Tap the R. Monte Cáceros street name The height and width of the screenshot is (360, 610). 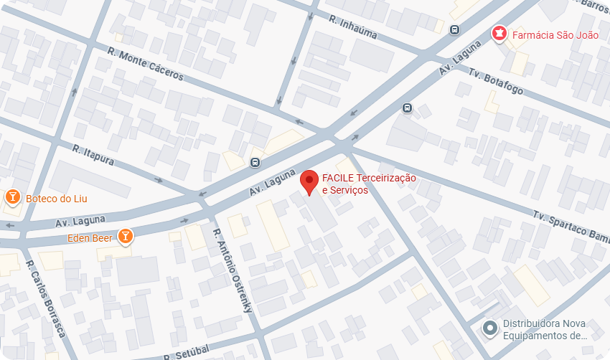pyautogui.click(x=146, y=64)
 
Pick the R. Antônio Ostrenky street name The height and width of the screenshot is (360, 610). pyautogui.click(x=233, y=270)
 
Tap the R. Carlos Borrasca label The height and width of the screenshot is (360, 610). pyautogui.click(x=45, y=299)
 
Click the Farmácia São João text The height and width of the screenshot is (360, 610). pyautogui.click(x=555, y=34)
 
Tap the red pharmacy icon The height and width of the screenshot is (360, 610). pyautogui.click(x=498, y=33)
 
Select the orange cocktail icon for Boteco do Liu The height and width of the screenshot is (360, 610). pyautogui.click(x=12, y=197)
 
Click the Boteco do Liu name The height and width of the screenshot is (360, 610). pyautogui.click(x=56, y=199)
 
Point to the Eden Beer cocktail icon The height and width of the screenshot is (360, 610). pyautogui.click(x=125, y=235)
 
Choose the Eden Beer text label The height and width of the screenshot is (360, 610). pyautogui.click(x=90, y=238)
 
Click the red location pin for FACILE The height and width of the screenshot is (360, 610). pyautogui.click(x=309, y=181)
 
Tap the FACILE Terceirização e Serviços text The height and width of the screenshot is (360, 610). pyautogui.click(x=368, y=184)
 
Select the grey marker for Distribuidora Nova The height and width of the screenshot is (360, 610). pyautogui.click(x=490, y=329)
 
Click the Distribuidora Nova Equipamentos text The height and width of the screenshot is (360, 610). pyautogui.click(x=545, y=330)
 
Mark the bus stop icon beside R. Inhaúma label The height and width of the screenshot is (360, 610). pyautogui.click(x=454, y=29)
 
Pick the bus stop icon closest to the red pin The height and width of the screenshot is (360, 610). pyautogui.click(x=255, y=162)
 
